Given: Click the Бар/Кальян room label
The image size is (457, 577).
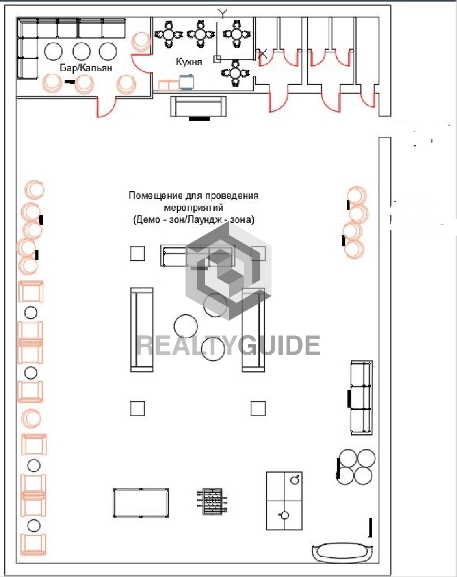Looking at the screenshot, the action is tap(86, 68).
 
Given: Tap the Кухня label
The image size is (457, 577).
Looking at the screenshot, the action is tap(189, 61).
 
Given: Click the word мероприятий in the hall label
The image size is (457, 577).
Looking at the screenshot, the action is tap(193, 207).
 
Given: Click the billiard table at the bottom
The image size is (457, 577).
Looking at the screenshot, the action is tap(141, 503).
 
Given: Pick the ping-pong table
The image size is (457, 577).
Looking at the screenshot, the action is tap(284, 501).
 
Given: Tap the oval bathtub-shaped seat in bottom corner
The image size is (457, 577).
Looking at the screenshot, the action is tap(343, 552).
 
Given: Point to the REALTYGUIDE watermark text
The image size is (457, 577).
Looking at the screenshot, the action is tap(228, 345).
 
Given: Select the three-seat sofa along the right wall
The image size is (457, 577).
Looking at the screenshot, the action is tap(361, 397).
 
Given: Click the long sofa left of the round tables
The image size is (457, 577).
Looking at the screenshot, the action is tap(142, 330).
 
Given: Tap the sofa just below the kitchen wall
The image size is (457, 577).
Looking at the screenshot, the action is tap(198, 106).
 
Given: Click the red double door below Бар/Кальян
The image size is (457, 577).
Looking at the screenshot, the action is tap(107, 107).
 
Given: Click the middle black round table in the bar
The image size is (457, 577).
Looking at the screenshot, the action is tap(82, 51).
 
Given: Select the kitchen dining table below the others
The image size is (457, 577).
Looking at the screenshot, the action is tap(235, 73).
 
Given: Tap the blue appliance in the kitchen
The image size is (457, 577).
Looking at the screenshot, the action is tap(187, 82).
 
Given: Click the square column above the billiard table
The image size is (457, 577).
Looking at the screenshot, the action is tap(137, 409).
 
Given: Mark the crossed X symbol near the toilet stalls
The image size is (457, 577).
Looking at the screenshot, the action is tap(262, 54).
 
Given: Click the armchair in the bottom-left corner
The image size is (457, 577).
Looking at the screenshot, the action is tap(34, 544).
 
